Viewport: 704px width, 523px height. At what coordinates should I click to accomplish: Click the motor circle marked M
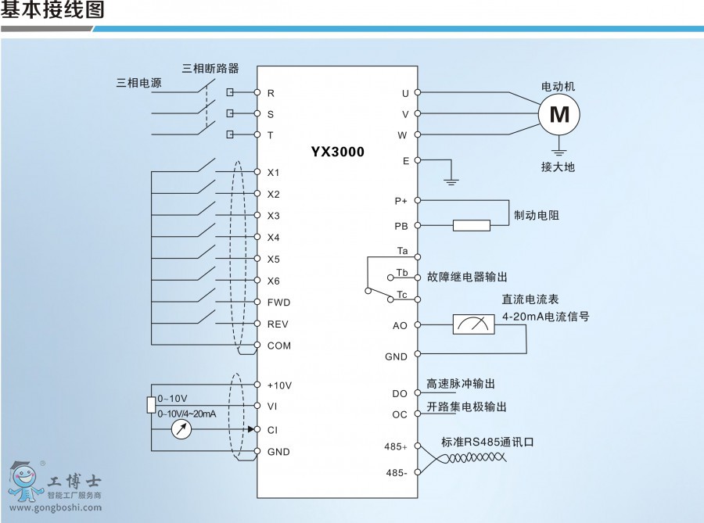(x=559, y=114)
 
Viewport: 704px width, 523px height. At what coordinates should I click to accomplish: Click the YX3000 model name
(x=337, y=152)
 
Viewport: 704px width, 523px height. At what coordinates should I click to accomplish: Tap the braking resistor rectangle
(x=472, y=225)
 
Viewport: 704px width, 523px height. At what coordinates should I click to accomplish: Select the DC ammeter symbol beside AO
(x=473, y=324)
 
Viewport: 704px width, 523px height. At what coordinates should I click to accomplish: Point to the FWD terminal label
(x=278, y=302)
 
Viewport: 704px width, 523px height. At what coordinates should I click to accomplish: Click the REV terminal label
(x=278, y=324)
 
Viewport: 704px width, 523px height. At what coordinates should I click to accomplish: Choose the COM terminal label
(x=278, y=345)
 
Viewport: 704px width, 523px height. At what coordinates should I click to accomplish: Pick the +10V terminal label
(x=279, y=385)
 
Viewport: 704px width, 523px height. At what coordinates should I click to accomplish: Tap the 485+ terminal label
(x=396, y=446)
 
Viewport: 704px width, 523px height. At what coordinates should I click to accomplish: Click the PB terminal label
(x=400, y=226)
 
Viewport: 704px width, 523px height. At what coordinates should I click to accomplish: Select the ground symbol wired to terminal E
(x=451, y=181)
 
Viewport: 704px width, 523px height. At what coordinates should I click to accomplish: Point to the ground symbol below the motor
(x=559, y=150)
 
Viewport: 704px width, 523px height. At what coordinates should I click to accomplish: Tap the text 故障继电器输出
(x=467, y=277)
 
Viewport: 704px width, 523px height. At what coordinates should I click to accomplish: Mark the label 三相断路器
(x=210, y=68)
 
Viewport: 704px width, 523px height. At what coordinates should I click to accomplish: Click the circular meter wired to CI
(x=181, y=429)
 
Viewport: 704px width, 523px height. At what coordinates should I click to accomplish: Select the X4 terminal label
(x=273, y=238)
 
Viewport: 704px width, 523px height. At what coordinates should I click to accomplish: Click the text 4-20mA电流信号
(x=546, y=317)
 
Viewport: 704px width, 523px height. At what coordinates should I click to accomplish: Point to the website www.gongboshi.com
(x=52, y=507)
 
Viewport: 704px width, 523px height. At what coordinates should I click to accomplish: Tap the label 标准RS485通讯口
(x=487, y=441)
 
